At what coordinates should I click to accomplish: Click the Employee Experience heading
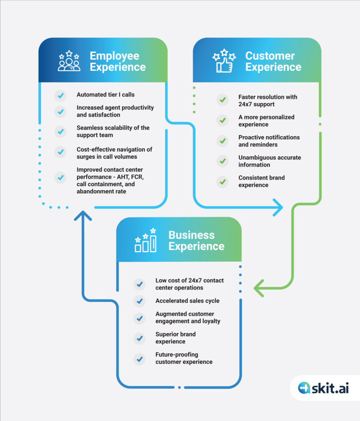click(118, 62)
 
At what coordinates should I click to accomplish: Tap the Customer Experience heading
click(273, 62)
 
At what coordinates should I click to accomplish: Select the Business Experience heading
click(196, 241)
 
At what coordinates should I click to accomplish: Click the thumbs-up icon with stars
click(224, 61)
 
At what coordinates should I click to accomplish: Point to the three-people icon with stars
click(69, 61)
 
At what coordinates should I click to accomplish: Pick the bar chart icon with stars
click(146, 240)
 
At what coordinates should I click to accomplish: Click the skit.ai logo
click(323, 388)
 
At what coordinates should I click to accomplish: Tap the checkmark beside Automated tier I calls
click(60, 95)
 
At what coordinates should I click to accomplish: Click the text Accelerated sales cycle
click(187, 301)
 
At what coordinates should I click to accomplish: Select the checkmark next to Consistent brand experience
click(223, 182)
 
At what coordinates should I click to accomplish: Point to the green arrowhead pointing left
click(259, 288)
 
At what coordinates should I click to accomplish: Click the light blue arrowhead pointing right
click(278, 207)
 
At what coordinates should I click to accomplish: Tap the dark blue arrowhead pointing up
click(83, 216)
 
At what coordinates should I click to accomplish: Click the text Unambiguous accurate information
click(270, 161)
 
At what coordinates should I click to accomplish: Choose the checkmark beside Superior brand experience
click(139, 338)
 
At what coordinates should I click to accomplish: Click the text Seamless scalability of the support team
click(113, 131)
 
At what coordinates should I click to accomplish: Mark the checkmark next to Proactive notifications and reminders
click(223, 141)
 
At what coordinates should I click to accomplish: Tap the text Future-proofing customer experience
click(184, 358)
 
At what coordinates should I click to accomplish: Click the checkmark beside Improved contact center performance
click(60, 178)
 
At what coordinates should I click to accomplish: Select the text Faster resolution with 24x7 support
click(268, 100)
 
